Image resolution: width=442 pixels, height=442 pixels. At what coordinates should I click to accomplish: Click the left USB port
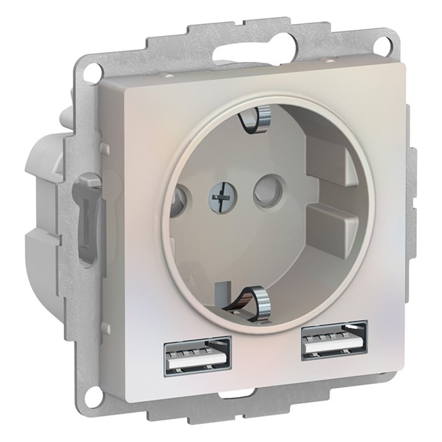coord(198,354)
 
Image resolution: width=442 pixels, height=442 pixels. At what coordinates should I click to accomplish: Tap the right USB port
coord(334,340)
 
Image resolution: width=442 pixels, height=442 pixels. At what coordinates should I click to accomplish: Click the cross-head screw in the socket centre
coord(218,198)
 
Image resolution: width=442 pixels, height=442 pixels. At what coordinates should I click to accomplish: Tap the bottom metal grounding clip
coord(249,297)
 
